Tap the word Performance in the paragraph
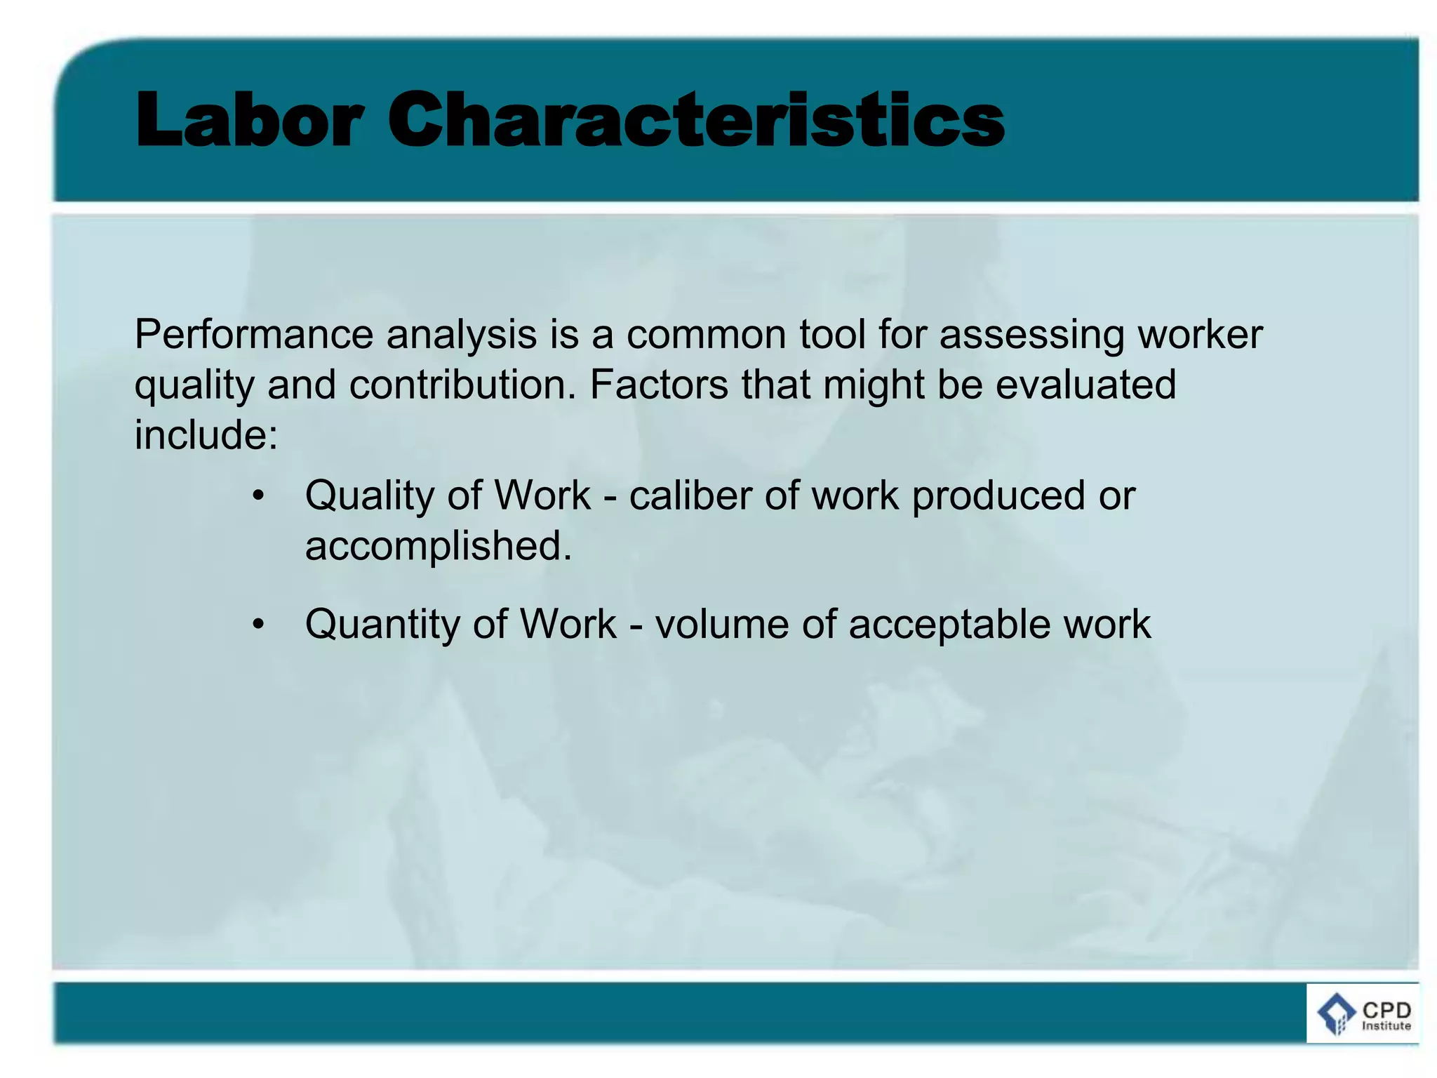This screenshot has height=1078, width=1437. point(253,334)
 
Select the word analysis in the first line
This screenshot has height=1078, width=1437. point(461,335)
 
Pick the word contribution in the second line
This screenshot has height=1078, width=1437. point(462,385)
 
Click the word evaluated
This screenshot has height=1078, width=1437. point(1085,385)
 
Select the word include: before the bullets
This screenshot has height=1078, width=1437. point(206,435)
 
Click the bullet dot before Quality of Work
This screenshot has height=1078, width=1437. point(259,496)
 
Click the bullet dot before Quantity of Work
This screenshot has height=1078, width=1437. point(259,625)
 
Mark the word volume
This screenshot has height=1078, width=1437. point(722,625)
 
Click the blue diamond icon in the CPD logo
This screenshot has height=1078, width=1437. point(1336,1013)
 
